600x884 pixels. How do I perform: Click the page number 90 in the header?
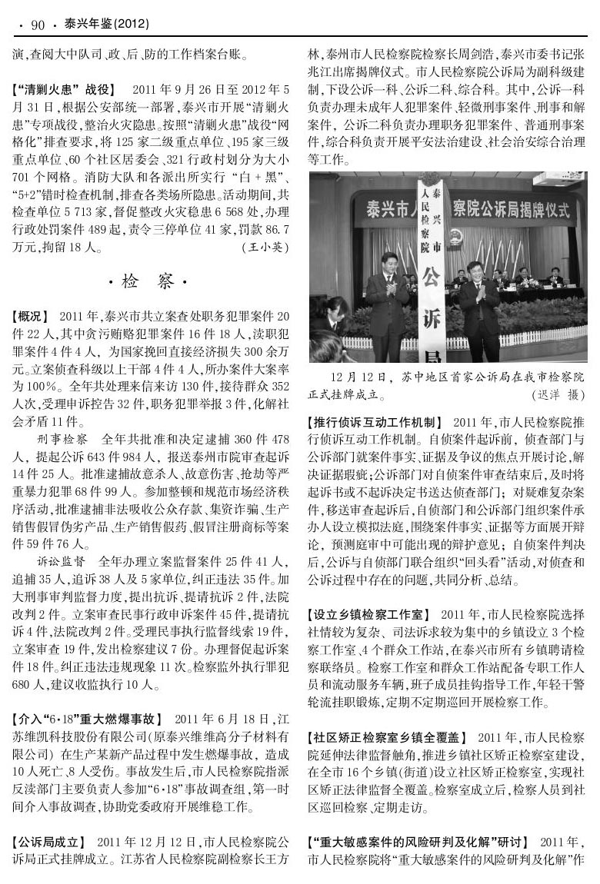point(37,25)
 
